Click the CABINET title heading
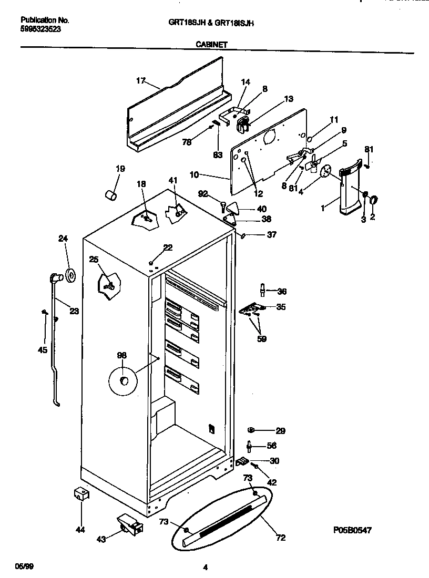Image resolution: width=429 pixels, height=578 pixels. pyautogui.click(x=211, y=45)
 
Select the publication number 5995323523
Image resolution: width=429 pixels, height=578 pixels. pyautogui.click(x=40, y=29)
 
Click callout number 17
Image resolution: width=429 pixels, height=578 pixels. pyautogui.click(x=140, y=80)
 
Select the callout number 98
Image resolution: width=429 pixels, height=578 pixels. pyautogui.click(x=121, y=356)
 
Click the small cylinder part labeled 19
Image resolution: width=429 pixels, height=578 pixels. pyautogui.click(x=111, y=195)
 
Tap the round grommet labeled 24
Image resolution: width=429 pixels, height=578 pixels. pyautogui.click(x=69, y=274)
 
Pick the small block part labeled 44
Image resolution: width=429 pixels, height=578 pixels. pyautogui.click(x=80, y=494)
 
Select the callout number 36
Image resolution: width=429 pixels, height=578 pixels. pyautogui.click(x=282, y=292)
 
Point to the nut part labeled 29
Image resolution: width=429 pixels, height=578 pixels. pyautogui.click(x=252, y=430)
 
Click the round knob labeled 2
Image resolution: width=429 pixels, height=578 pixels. pyautogui.click(x=374, y=200)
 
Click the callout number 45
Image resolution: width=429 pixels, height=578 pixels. pyautogui.click(x=42, y=349)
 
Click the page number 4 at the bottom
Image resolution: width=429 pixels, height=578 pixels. pyautogui.click(x=205, y=566)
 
